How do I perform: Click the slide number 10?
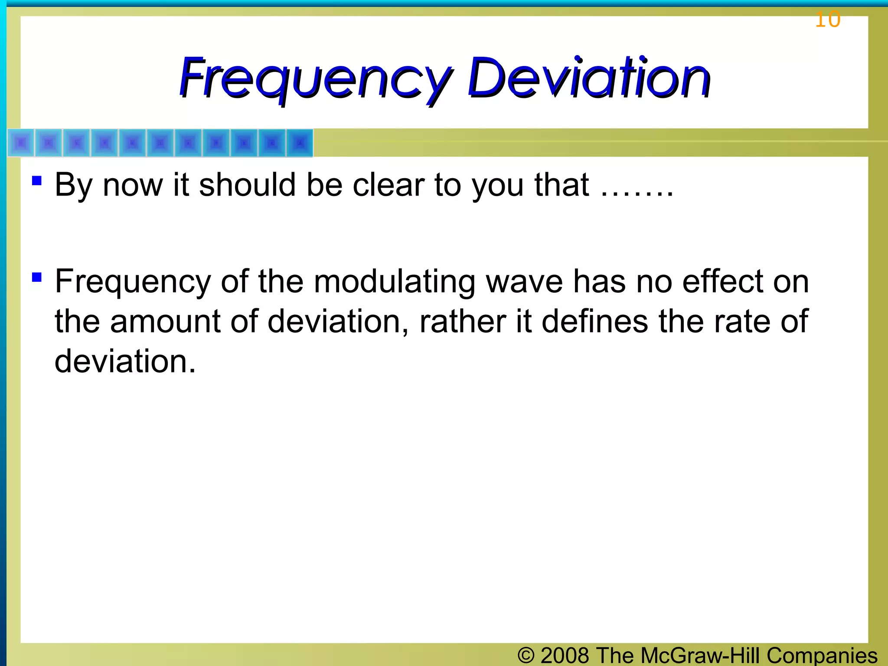tap(827, 20)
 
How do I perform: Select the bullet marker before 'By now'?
tap(37, 180)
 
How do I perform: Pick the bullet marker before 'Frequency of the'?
tap(37, 277)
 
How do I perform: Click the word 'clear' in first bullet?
tap(388, 185)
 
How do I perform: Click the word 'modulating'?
tap(394, 282)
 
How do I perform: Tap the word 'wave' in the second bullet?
tap(524, 282)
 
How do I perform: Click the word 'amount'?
tap(165, 322)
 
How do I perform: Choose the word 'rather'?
tap(462, 322)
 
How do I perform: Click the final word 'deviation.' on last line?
tap(125, 361)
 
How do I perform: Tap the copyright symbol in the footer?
tap(526, 655)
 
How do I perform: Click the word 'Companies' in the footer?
tap(822, 655)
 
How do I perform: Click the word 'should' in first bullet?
tap(247, 185)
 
